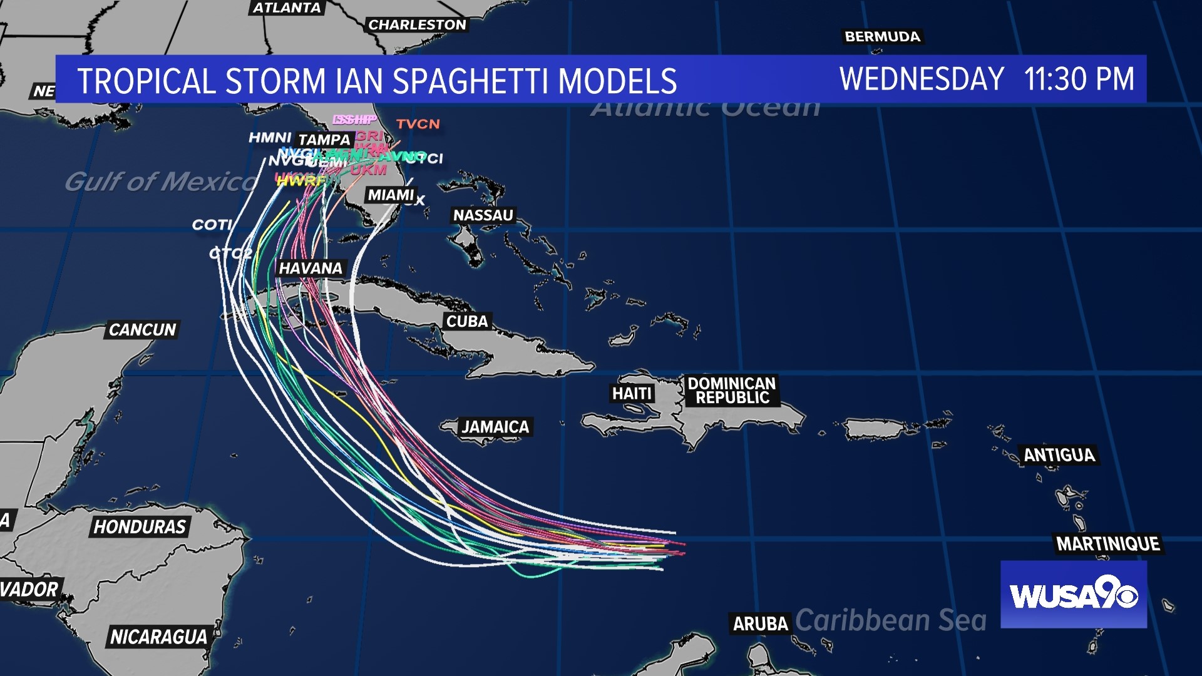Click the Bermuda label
coord(882,37)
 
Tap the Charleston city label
coord(417,25)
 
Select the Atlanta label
coord(287,8)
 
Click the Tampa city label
coord(324,140)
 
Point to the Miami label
coord(391,195)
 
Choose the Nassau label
coord(483,215)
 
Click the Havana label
coord(311,269)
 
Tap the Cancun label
coord(142,330)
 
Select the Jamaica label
coord(495,427)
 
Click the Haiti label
coord(632,394)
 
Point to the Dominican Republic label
coord(731,391)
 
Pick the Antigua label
coord(1059,455)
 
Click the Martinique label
coord(1108,544)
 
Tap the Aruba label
coord(760,624)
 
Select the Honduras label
coord(140,527)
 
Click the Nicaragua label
coord(158,637)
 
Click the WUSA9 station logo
coord(1073,595)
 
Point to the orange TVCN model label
coord(418,124)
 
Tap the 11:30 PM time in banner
coord(1079,79)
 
